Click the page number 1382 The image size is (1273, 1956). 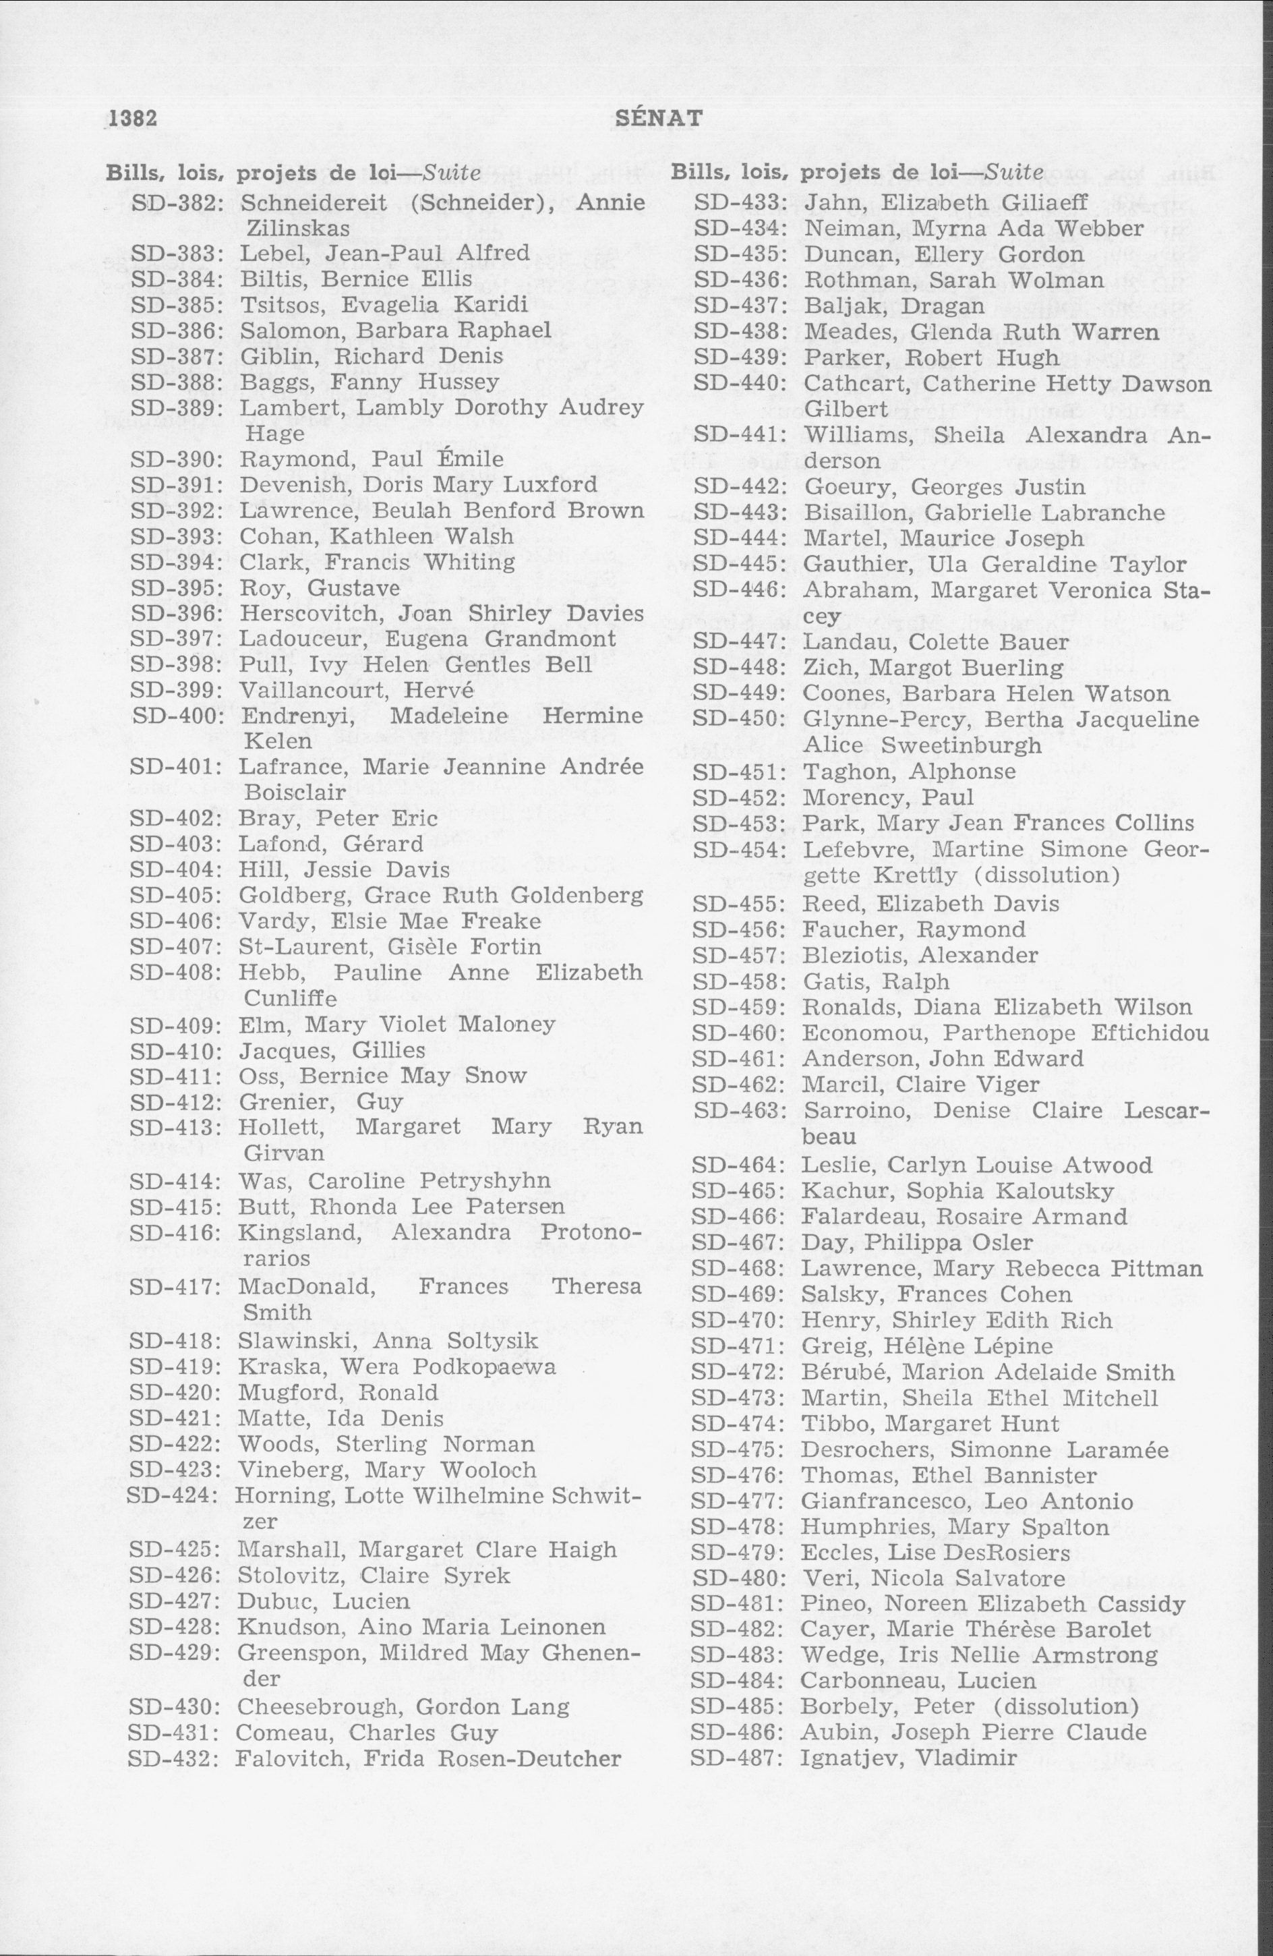coord(131,118)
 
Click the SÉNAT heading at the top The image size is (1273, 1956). coord(658,118)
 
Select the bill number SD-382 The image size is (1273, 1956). coord(177,202)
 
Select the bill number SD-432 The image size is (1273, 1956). coord(173,1759)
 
